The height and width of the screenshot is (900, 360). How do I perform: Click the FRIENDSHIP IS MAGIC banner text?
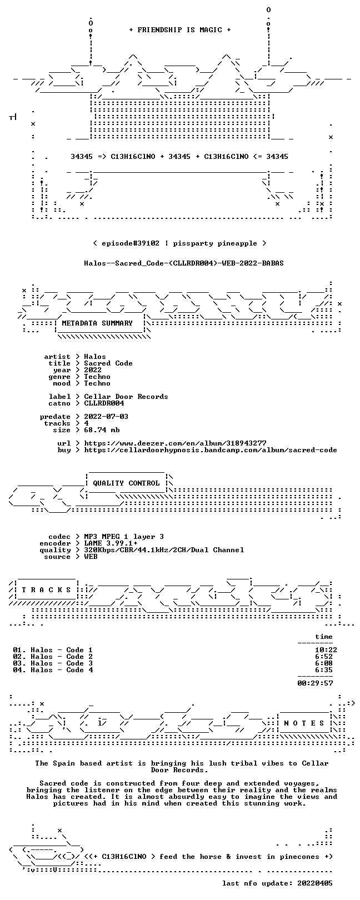point(180,30)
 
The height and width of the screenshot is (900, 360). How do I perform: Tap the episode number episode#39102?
point(131,243)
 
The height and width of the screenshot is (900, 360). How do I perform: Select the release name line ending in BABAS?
point(184,263)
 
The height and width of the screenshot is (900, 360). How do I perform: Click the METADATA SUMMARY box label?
point(97,323)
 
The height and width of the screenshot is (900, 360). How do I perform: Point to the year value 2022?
point(93,369)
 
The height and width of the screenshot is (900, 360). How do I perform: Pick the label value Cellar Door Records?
point(126,397)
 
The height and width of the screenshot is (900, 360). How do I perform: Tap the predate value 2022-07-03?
point(106,417)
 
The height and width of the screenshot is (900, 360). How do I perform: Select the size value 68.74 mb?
point(102,430)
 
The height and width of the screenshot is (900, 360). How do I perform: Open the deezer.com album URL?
point(175,443)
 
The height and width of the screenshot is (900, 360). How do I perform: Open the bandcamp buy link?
point(211,450)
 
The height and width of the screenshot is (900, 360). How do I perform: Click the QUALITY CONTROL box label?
point(126,483)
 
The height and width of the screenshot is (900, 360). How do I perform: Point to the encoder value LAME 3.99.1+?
point(111,543)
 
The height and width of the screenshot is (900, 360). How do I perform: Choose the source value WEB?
point(91,557)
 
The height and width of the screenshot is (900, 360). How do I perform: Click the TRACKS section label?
point(46,590)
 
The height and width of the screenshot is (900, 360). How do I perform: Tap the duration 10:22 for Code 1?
point(326,649)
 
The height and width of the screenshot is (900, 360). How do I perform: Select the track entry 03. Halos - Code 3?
point(53,663)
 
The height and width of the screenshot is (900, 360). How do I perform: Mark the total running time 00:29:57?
point(316,683)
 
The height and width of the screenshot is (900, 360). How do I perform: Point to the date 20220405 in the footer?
point(315,883)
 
